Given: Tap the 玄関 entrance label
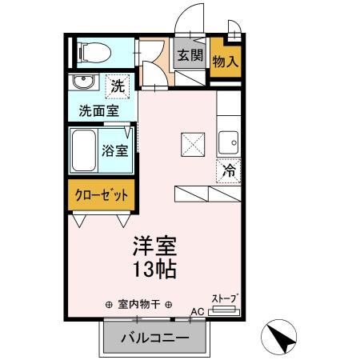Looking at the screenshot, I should point(190,56).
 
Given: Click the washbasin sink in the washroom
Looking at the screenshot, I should point(82,83).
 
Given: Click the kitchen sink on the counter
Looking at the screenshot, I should point(229,141).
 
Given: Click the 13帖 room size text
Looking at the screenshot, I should point(154,269).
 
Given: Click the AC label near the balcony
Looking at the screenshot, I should point(197,313).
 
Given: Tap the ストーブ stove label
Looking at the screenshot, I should point(225,298).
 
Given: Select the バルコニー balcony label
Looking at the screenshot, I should point(155,338).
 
